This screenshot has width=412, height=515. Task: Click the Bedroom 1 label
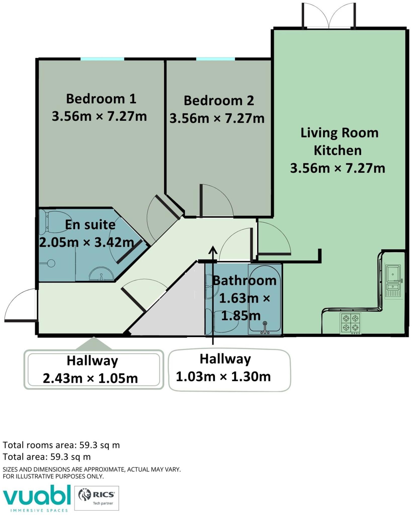coord(101,99)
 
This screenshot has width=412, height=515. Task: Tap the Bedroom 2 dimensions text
coord(217,118)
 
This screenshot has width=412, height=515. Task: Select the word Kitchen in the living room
coord(338,150)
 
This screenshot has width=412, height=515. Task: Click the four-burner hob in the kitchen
coord(351,323)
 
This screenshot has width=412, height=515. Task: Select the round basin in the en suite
coord(101,274)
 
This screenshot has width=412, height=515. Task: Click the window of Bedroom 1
coord(102,59)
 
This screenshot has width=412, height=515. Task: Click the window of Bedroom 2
coord(215,59)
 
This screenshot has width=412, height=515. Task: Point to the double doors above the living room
coord(329,16)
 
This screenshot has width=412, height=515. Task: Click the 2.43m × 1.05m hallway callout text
coord(90,378)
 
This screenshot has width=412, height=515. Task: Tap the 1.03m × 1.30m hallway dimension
coord(223,377)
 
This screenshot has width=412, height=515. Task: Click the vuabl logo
coord(36,498)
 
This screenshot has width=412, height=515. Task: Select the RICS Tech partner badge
coord(97,498)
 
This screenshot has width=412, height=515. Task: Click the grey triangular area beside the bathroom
coord(173,312)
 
